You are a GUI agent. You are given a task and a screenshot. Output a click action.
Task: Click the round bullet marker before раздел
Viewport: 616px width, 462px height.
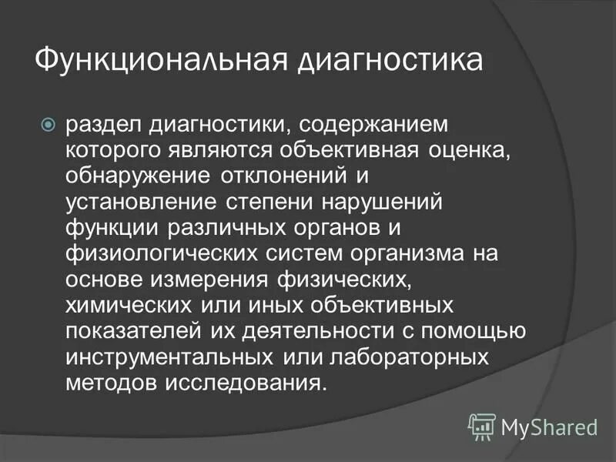coord(49,122)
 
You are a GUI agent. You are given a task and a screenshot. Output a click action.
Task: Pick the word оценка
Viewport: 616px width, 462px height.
coord(469,150)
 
